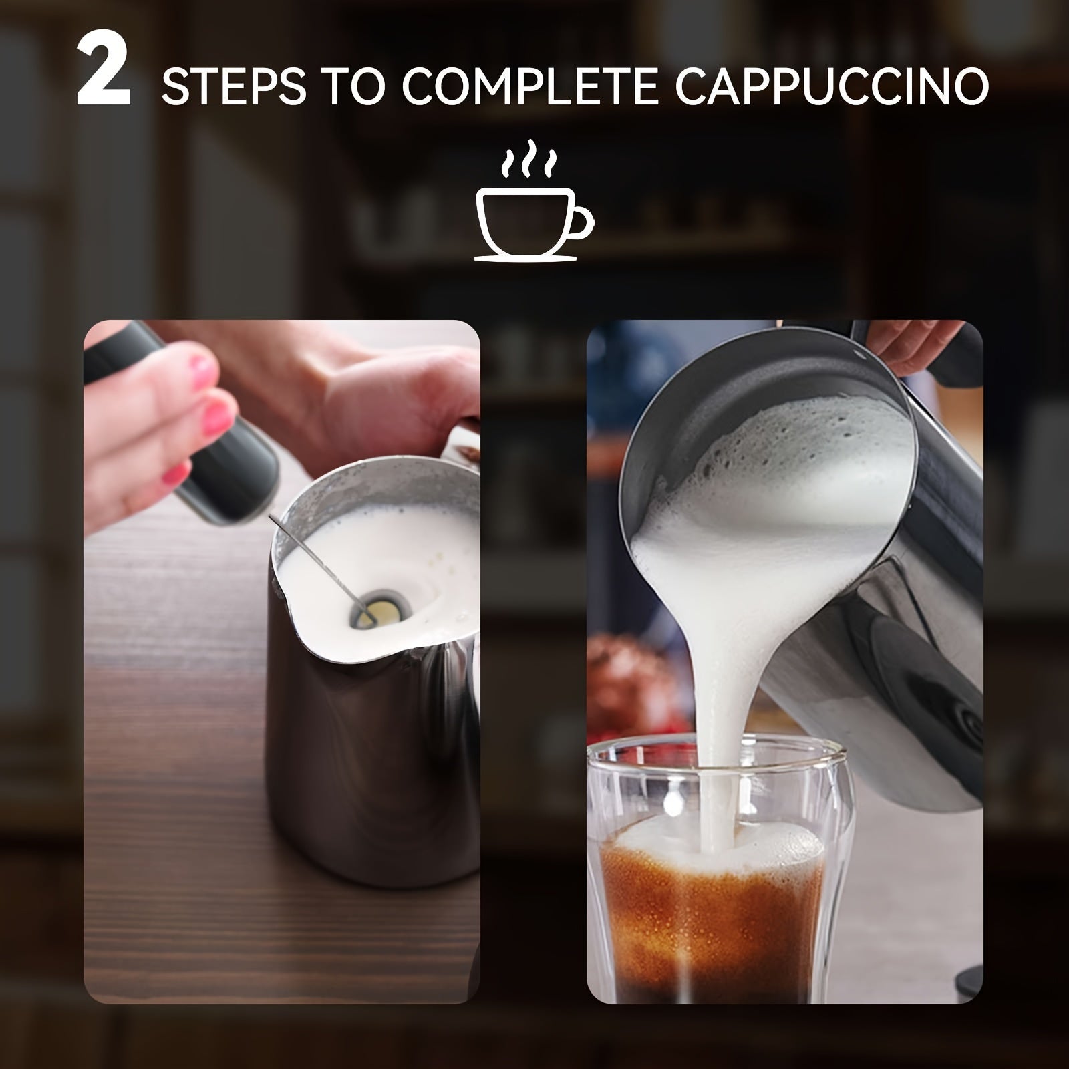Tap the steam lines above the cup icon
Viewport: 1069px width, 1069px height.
[528, 158]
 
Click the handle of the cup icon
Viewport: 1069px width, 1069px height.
[580, 221]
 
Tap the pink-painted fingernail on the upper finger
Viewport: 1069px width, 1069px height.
[201, 371]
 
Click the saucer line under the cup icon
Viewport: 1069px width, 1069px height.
[525, 258]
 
